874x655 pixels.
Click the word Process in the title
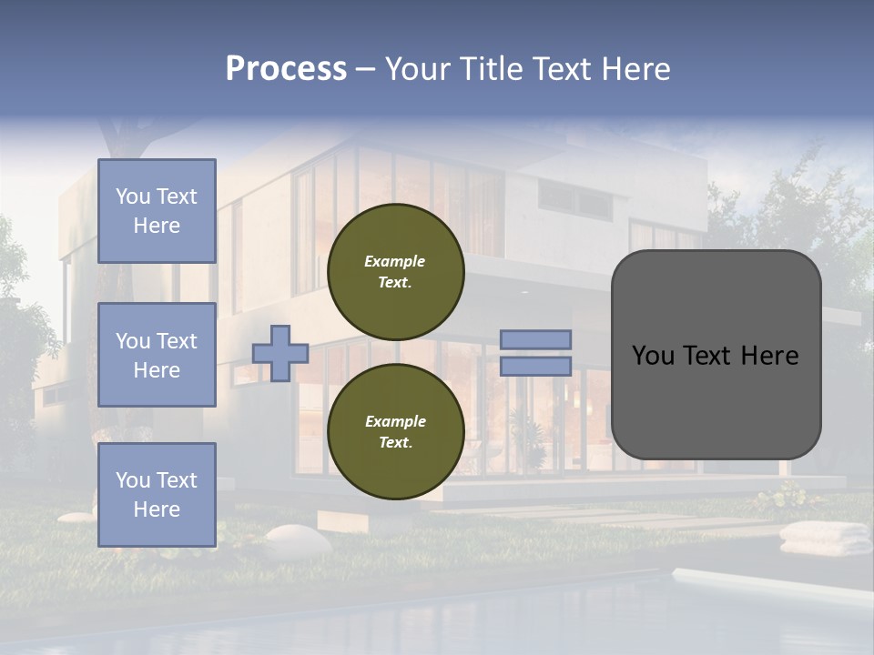pyautogui.click(x=286, y=69)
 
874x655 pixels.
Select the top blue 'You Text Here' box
pyautogui.click(x=157, y=211)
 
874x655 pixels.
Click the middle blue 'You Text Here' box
pyautogui.click(x=157, y=355)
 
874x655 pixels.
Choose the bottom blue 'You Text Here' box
pyautogui.click(x=157, y=495)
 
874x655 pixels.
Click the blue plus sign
pyautogui.click(x=280, y=353)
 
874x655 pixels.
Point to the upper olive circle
pyautogui.click(x=395, y=272)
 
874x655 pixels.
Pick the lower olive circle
pyautogui.click(x=395, y=432)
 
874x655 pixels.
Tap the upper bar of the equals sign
pyautogui.click(x=535, y=339)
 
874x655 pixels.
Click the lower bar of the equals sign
pyautogui.click(x=535, y=366)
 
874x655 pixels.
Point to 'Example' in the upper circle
pyautogui.click(x=394, y=261)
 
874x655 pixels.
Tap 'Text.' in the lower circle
pyautogui.click(x=395, y=442)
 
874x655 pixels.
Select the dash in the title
pyautogui.click(x=365, y=69)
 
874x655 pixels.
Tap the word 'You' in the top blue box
pyautogui.click(x=133, y=196)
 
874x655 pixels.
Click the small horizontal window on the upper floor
pyautogui.click(x=574, y=197)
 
